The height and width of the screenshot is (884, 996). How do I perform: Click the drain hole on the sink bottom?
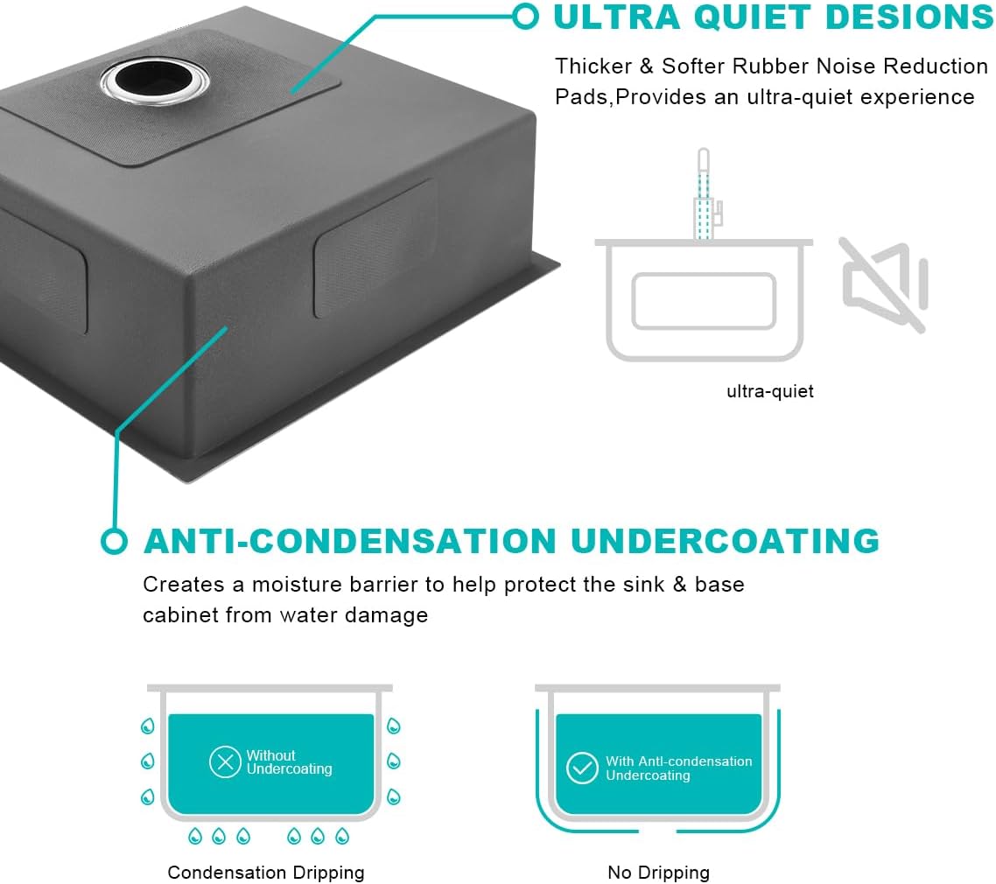click(x=154, y=80)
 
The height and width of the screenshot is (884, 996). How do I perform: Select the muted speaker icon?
click(x=884, y=284)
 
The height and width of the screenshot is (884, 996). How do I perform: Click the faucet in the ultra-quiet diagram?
click(x=706, y=194)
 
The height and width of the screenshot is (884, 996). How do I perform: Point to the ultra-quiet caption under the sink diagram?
click(x=770, y=391)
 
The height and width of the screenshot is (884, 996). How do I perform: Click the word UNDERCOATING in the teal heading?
click(x=725, y=541)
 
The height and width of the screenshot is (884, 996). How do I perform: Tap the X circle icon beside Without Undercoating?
click(x=225, y=761)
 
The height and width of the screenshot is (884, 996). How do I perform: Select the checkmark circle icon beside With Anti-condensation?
click(x=582, y=768)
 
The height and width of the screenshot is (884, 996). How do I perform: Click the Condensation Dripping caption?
click(x=265, y=873)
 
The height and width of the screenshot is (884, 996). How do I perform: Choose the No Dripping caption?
click(x=658, y=873)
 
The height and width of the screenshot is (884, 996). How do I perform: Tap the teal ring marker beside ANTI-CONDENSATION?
click(x=115, y=541)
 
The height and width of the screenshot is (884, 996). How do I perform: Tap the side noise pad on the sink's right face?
click(x=375, y=249)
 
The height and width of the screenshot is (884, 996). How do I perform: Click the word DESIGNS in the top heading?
click(x=909, y=17)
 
